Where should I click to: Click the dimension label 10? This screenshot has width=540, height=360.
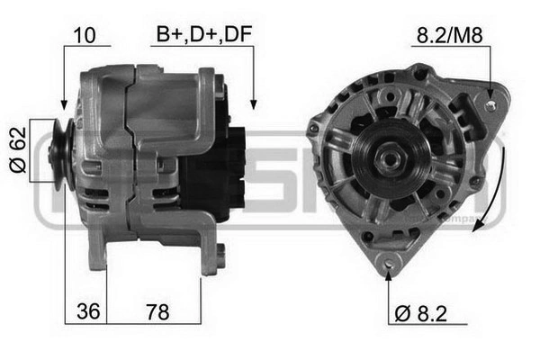click(85, 36)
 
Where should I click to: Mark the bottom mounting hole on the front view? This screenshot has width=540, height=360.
click(390, 263)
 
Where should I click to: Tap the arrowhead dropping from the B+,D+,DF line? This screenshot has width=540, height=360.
click(254, 105)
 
